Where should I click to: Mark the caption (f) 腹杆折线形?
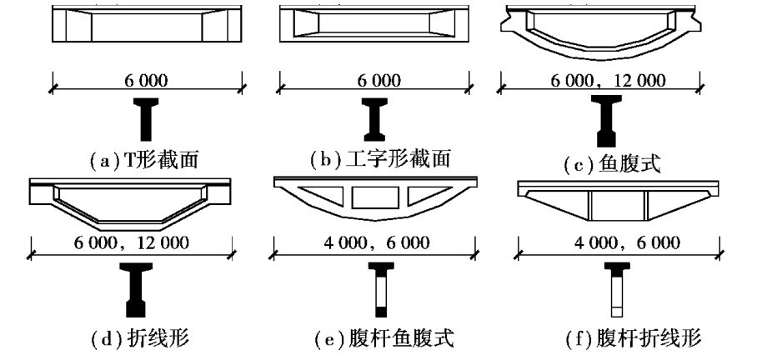(x=613, y=338)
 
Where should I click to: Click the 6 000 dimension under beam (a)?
(x=146, y=81)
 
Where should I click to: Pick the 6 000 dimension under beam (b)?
(x=378, y=81)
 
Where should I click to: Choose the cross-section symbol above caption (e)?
(x=380, y=288)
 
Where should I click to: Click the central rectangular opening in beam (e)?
(x=368, y=197)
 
